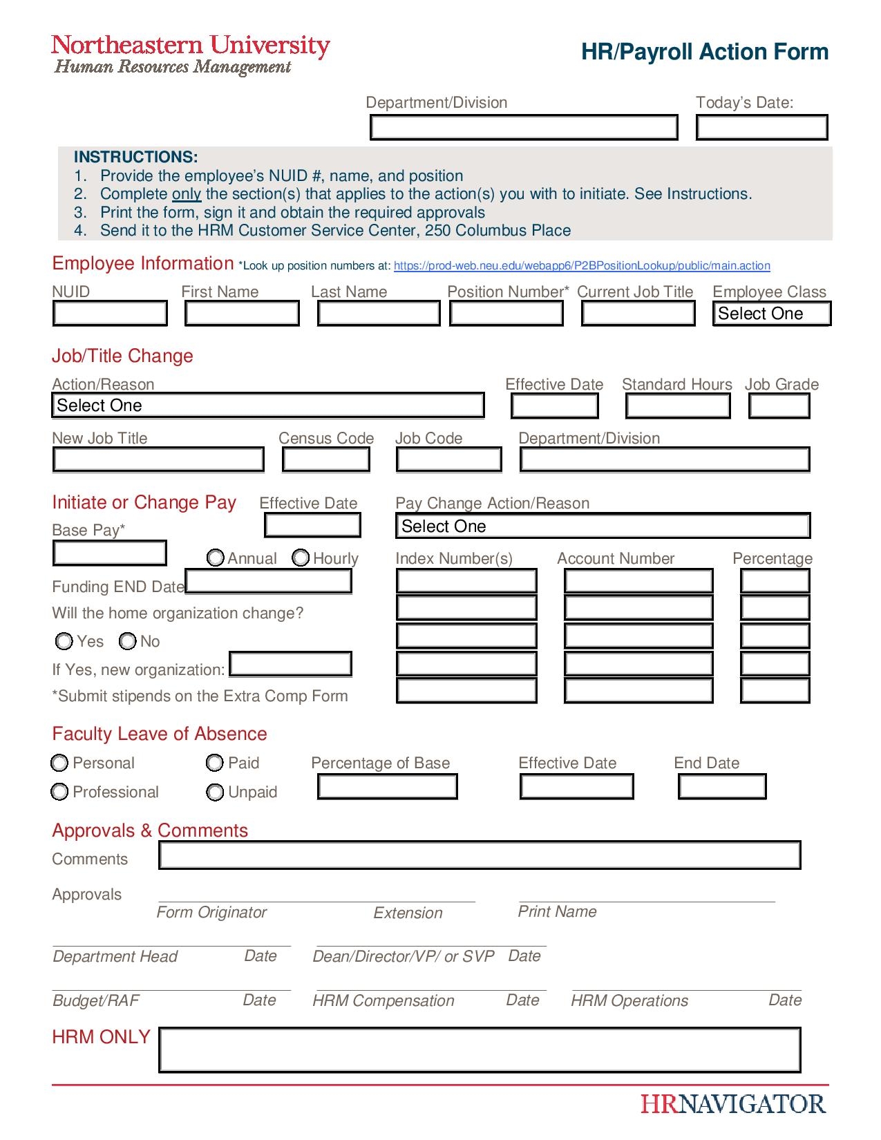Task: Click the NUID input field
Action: pos(110,314)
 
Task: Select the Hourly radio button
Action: pos(301,558)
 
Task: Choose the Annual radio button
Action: pos(216,558)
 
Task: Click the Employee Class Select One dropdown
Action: pos(771,314)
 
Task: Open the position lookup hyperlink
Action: pos(582,266)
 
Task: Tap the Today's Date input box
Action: pos(761,128)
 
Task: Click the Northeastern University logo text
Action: pos(191,46)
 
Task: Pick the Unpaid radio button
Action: pos(215,792)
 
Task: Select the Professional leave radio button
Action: pos(60,792)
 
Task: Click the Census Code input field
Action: pos(326,459)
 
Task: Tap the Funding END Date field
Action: pos(269,582)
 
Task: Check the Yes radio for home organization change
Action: pos(64,642)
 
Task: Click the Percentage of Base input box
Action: pos(387,787)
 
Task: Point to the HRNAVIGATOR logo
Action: pos(733,1104)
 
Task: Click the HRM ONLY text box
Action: pos(480,1049)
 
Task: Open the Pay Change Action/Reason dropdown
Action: pos(603,526)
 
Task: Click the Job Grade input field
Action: pos(779,406)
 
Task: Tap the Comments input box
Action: pos(480,855)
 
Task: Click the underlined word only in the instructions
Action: pos(187,194)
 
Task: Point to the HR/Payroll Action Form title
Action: pos(704,52)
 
